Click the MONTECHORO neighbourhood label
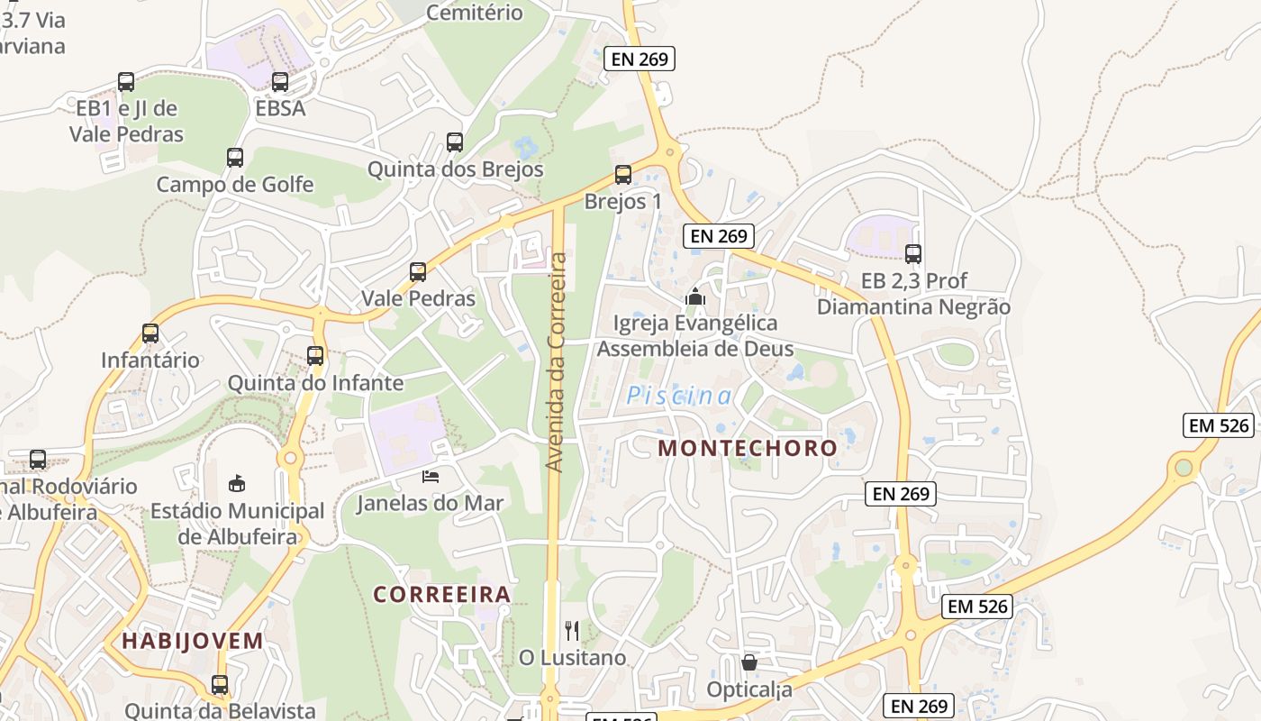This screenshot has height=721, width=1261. pos(748,448)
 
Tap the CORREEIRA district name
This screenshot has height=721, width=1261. pos(442,595)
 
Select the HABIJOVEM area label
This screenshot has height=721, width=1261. pos(193,642)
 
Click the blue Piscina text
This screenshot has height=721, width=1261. pos(679,396)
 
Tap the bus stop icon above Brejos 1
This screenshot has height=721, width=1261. pos(622,175)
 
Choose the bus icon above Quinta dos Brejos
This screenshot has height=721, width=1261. pos(455,142)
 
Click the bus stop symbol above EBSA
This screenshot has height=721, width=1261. pos(280,82)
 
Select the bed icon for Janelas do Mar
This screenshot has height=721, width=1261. pos(431,476)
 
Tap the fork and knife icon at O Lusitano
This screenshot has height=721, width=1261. pos(572,631)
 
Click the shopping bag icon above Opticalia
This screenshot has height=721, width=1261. pos(749,663)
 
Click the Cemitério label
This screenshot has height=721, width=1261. pos(474,13)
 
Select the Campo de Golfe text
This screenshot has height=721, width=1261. pos(235,185)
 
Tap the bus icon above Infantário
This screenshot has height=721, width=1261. pos(150,333)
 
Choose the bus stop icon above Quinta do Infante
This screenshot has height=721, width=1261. pos(315,356)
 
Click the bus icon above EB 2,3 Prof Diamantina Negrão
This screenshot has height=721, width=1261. pos(913,254)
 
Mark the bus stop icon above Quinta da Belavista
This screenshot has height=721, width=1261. pos(220,685)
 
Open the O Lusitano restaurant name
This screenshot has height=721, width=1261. pos(572,658)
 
